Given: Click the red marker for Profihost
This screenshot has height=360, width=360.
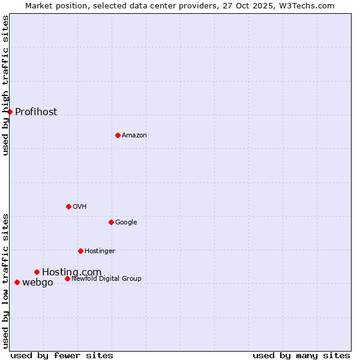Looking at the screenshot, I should coord(10,112).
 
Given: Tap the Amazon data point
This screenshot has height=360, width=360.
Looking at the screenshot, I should coord(118,135).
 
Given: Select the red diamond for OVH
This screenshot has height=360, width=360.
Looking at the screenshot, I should coord(68,206).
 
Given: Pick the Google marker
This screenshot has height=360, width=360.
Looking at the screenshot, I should coord(111,222).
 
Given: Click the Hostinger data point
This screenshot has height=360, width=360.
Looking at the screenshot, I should coord(80,251).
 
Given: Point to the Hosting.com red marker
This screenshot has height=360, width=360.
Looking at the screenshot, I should coord(37,272).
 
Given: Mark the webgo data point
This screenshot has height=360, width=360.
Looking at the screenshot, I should coord(17,282).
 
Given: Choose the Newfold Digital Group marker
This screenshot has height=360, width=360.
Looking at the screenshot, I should coord(67,278).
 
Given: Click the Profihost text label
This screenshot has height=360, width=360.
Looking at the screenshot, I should coord(36,112).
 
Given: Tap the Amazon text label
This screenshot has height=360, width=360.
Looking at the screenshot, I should coord(134,136).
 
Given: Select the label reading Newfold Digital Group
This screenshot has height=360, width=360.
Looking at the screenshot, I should coord(106,278).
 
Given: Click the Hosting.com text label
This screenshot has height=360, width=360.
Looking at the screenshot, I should coord(71,272).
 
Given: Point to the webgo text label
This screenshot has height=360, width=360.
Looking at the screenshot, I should coord(37,283).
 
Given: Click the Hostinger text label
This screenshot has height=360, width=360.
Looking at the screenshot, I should coord(100,251).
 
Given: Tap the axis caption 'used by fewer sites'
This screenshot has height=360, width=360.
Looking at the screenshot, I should coord(62,355).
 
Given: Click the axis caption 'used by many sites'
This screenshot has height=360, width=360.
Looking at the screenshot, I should coord(301,355).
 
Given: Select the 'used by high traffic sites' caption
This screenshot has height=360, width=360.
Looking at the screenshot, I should coord(5,85).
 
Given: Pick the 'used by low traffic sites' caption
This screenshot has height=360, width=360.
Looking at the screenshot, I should coord(5,281).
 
